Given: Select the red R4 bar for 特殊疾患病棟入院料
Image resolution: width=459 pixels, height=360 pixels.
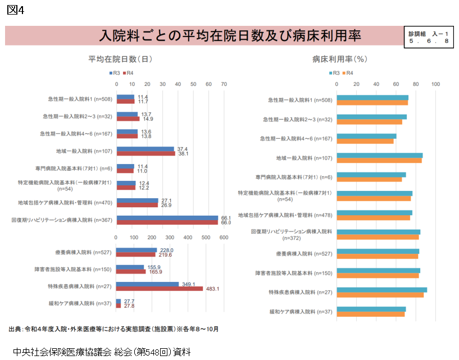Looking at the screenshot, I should click(x=159, y=289).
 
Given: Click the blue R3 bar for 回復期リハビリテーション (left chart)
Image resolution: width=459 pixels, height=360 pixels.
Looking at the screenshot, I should click(x=167, y=218).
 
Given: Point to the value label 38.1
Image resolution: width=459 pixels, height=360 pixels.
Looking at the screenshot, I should click(x=183, y=153).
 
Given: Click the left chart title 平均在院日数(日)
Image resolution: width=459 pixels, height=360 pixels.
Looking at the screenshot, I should click(x=120, y=58).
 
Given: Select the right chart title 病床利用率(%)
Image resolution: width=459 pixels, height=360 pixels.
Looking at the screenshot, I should click(x=339, y=58).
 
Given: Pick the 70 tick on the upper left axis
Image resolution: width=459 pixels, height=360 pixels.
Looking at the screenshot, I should click(x=224, y=84).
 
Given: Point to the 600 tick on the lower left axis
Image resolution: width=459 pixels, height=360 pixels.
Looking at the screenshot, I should click(x=224, y=238).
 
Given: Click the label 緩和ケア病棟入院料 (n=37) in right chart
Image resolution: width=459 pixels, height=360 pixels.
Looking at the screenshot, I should click(x=301, y=311).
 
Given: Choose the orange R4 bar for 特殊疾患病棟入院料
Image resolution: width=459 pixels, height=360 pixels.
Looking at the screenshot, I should click(x=380, y=295).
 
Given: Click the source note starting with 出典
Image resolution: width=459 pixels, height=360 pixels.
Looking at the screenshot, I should click(x=113, y=329).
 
